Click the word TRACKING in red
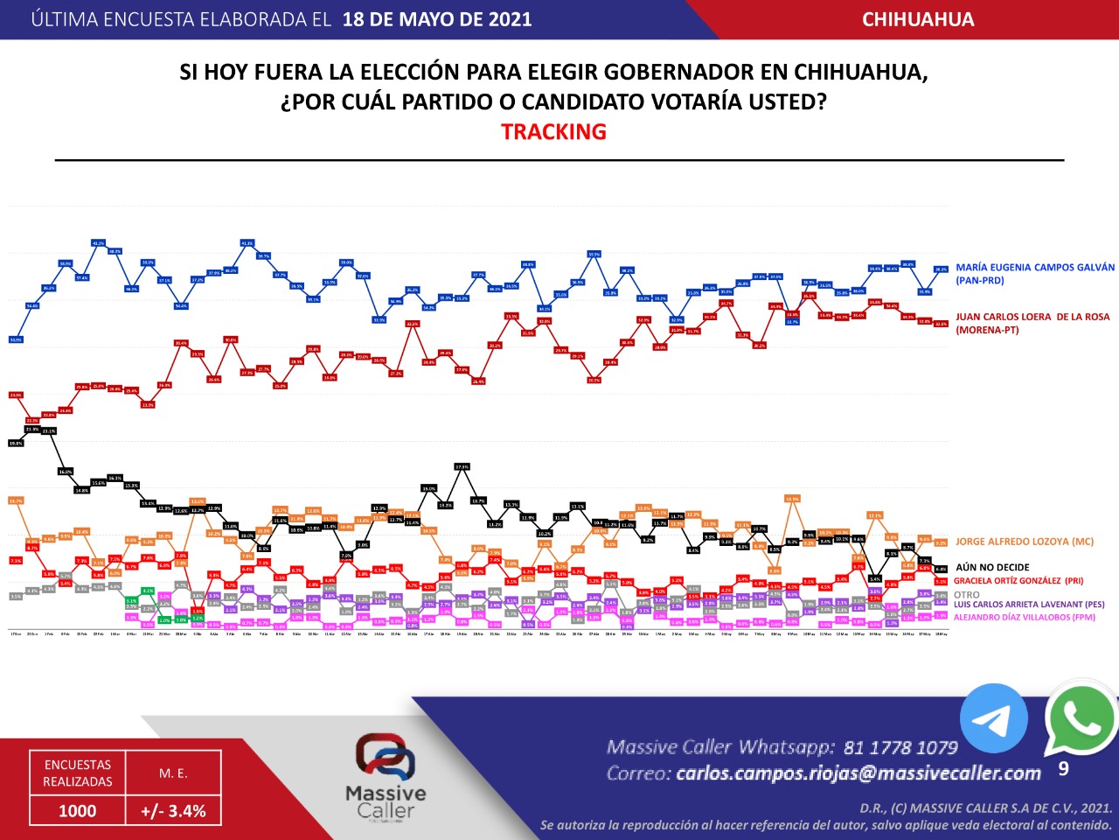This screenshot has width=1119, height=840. tap(553, 132)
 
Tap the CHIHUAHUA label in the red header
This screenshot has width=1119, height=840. tap(918, 19)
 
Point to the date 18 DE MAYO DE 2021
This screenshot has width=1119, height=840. tap(437, 19)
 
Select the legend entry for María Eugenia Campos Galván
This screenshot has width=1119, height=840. tap(1035, 274)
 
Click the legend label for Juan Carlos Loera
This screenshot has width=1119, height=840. tap(1032, 323)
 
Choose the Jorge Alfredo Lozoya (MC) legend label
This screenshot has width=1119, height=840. tap(1025, 542)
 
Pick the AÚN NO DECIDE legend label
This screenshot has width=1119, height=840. tap(992, 567)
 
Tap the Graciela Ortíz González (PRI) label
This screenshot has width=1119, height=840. tap(1018, 581)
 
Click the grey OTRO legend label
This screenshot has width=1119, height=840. tap(967, 594)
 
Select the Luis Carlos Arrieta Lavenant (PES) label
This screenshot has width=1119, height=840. tap(1029, 605)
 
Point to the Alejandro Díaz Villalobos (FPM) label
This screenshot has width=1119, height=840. tap(1024, 617)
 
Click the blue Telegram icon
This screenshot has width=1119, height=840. tap(993, 718)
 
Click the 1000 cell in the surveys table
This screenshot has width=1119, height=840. tap(77, 811)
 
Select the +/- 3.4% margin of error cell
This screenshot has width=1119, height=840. tap(173, 811)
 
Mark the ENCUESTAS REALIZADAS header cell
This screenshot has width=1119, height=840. tap(78, 773)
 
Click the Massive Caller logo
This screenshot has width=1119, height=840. tap(386, 774)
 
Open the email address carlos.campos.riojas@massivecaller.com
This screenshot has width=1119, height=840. tap(858, 773)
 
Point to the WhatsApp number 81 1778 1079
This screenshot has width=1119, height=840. tap(900, 747)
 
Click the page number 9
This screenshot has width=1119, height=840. tap(1063, 769)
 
